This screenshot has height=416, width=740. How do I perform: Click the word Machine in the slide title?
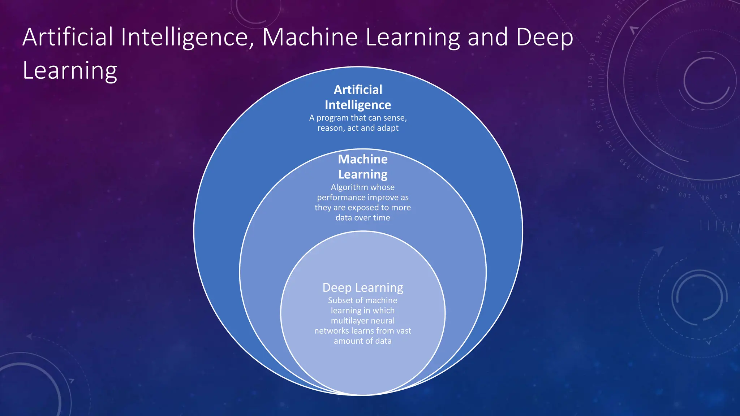(x=310, y=37)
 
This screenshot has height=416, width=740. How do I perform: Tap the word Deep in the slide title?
(x=545, y=38)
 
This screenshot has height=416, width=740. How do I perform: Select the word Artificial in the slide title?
(x=68, y=37)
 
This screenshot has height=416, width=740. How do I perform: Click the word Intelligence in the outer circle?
(x=358, y=105)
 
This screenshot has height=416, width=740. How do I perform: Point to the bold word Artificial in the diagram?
(x=358, y=90)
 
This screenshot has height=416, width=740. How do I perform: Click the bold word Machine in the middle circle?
(x=363, y=159)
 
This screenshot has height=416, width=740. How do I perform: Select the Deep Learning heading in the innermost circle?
(x=363, y=287)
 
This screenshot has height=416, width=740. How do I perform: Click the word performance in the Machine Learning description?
(x=341, y=198)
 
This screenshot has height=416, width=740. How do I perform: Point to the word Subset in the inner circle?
(x=340, y=300)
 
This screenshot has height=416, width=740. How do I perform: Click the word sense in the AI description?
(x=395, y=118)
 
